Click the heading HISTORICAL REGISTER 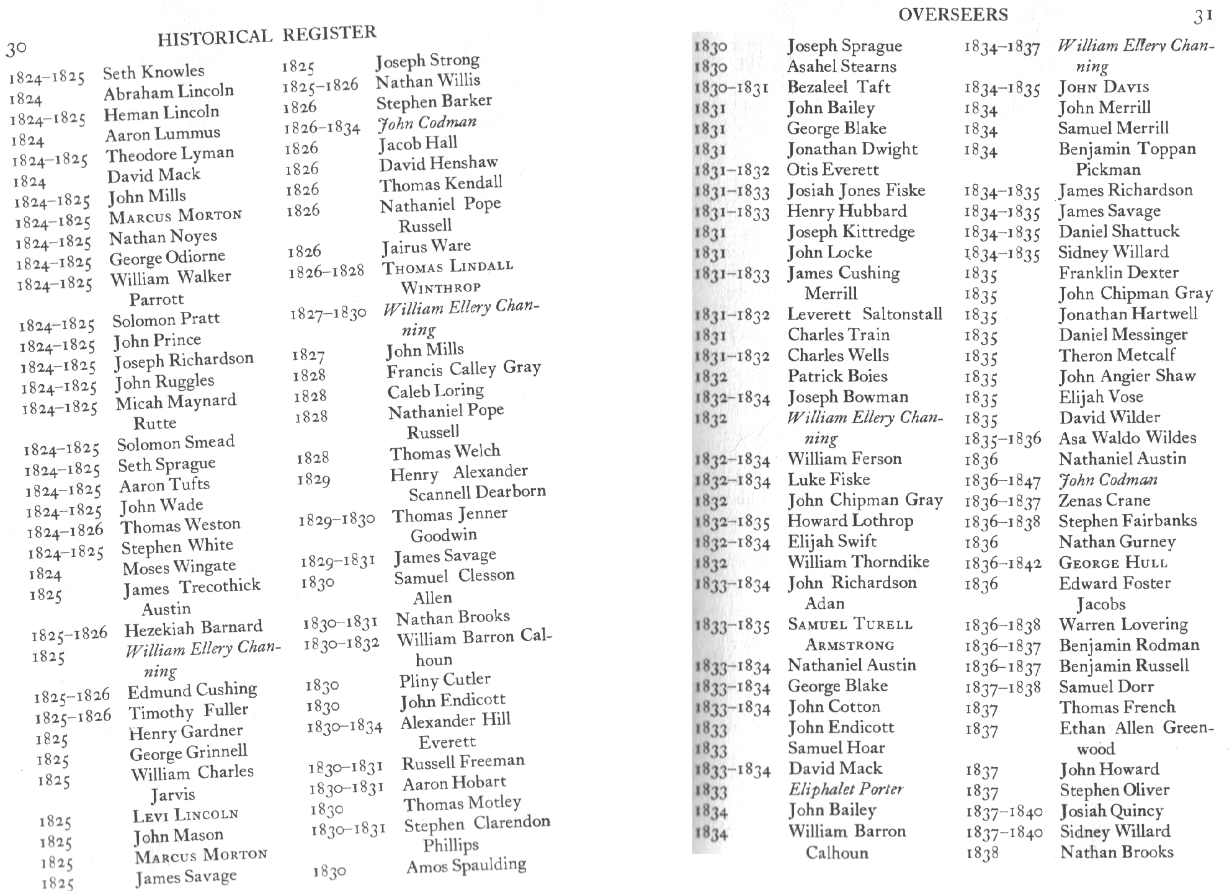click(x=267, y=35)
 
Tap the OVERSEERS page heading click(x=953, y=15)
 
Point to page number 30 click(x=16, y=49)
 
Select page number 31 click(x=1203, y=17)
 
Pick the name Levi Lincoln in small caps click(x=185, y=815)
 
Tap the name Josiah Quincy click(x=1111, y=811)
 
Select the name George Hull click(x=1113, y=563)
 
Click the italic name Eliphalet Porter click(x=846, y=789)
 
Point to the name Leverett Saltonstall click(x=864, y=314)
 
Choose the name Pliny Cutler click(x=444, y=680)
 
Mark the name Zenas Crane click(x=1104, y=500)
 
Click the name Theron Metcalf click(x=1117, y=355)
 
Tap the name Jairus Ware click(x=426, y=247)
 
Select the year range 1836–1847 click(x=1002, y=481)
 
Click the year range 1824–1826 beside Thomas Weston click(x=65, y=531)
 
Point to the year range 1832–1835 click(x=732, y=523)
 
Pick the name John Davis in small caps click(x=1104, y=87)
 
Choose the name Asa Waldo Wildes click(x=1127, y=438)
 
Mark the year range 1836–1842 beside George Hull click(x=1002, y=564)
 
